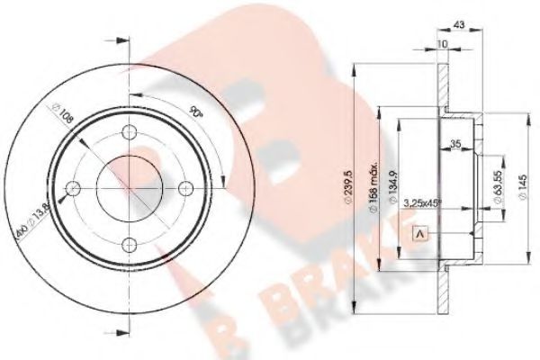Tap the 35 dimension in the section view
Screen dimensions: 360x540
point(457,142)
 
